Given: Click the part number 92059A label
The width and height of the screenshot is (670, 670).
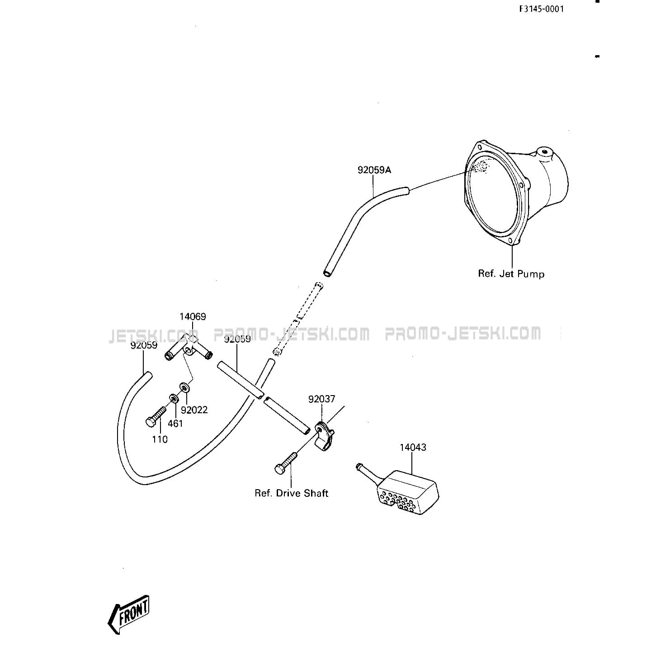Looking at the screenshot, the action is coord(374,170).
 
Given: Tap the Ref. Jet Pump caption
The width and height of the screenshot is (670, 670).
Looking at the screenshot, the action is coord(511,274).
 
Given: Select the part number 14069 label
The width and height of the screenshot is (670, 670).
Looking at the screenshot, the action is coord(192,316).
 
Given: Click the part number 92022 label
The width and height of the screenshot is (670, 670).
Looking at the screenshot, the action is coord(194,410).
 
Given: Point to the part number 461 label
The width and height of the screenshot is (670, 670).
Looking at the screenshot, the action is coord(175,423).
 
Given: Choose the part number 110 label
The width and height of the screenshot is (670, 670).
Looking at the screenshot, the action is coord(160,439).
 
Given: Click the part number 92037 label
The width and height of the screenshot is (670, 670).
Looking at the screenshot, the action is coord(322,399).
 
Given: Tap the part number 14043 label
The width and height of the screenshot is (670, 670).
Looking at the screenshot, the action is coord(413,447).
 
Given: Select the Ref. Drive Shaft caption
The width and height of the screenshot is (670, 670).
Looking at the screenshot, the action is coord(292,493).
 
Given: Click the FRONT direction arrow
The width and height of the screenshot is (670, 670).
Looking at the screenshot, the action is coord(128,615).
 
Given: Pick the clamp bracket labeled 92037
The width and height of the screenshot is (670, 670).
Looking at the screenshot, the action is coord(325,436).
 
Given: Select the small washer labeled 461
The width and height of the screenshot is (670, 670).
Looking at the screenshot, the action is coord(174,398).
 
